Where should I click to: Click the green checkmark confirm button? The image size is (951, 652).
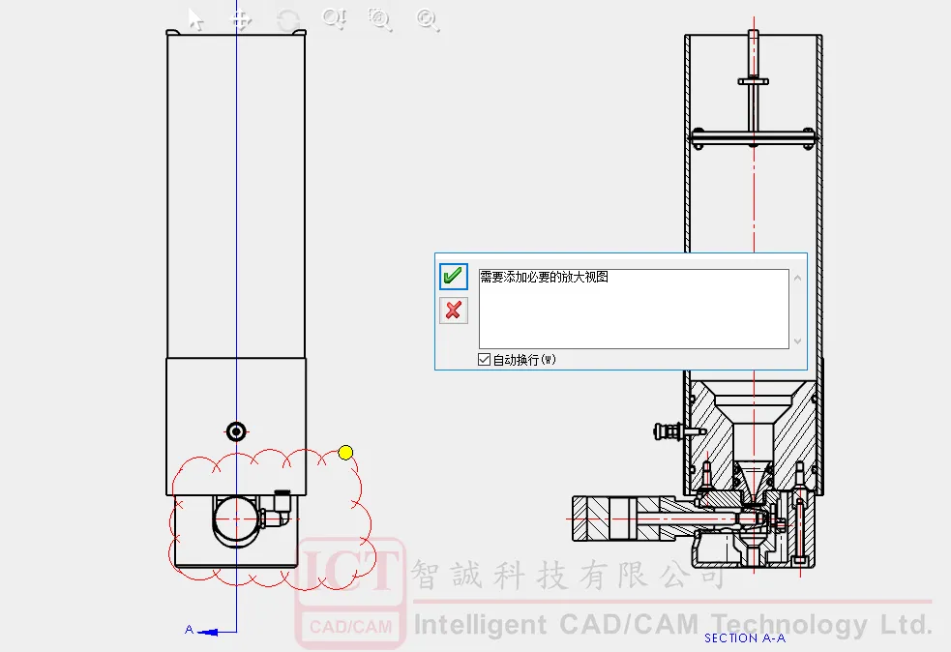click(453, 277)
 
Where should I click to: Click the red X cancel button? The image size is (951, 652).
click(453, 311)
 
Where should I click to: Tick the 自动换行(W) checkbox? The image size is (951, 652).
click(484, 360)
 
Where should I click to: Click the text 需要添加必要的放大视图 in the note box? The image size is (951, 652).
click(544, 278)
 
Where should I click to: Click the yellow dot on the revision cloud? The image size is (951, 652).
click(345, 453)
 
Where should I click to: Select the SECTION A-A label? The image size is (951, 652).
click(745, 638)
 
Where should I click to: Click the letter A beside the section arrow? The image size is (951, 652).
click(190, 630)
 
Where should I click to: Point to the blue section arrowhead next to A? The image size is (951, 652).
click(208, 633)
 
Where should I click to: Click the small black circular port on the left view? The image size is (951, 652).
click(236, 431)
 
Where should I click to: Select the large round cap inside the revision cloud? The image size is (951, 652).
click(235, 519)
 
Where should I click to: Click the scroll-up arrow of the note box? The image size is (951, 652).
click(797, 279)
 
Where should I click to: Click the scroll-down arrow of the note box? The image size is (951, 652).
click(797, 341)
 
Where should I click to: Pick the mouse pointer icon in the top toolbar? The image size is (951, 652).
click(195, 20)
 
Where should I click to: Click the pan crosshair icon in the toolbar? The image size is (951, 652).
click(242, 20)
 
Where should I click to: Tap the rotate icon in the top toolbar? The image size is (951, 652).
click(288, 20)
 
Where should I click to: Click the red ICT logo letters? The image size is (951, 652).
click(349, 570)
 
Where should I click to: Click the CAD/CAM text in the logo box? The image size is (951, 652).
click(350, 627)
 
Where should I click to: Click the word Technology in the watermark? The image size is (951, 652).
click(790, 625)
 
